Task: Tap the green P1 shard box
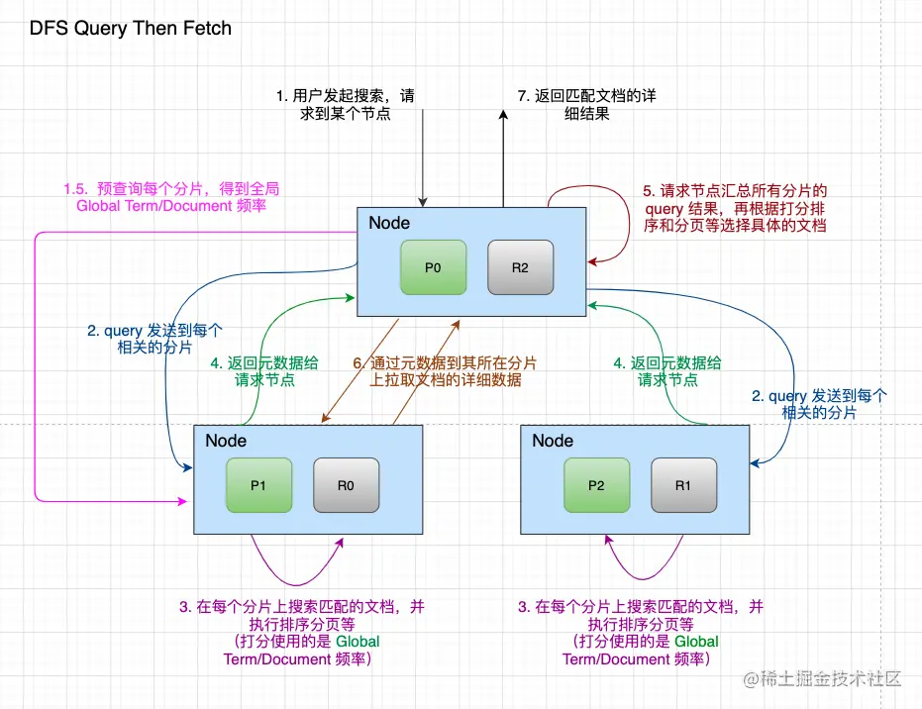point(258,485)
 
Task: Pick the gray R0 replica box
point(347,485)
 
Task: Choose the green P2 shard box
point(596,485)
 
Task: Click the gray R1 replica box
point(683,485)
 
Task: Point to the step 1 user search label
point(345,105)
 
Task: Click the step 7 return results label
point(586,105)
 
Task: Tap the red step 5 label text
point(735,207)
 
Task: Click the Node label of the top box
point(389,223)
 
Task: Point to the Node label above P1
point(226,440)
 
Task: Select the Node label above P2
point(553,440)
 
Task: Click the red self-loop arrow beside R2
point(624,223)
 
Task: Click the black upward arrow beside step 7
point(503,158)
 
